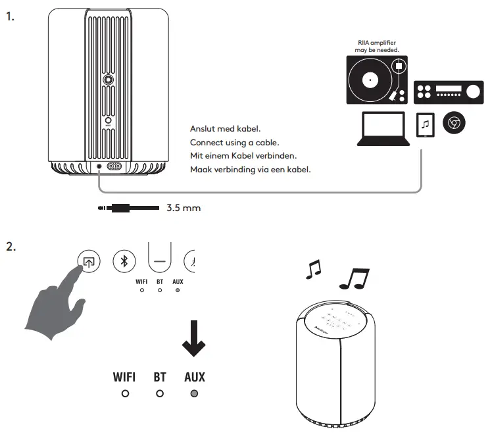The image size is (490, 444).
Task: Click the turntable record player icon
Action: [x=376, y=81]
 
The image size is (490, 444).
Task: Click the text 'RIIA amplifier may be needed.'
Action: [x=376, y=46]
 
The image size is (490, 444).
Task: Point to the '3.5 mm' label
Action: [x=184, y=209]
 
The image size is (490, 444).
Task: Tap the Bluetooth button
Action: [x=124, y=261]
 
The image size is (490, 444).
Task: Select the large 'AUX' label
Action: [x=194, y=377]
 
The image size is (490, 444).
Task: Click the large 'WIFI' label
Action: [x=124, y=377]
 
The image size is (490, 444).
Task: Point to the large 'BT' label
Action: [x=160, y=377]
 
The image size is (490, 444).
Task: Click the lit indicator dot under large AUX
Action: [x=194, y=394]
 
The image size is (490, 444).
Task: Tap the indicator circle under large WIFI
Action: [x=124, y=394]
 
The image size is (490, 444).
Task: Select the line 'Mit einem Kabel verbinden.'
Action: [x=242, y=156]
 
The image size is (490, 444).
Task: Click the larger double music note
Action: [x=354, y=278]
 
